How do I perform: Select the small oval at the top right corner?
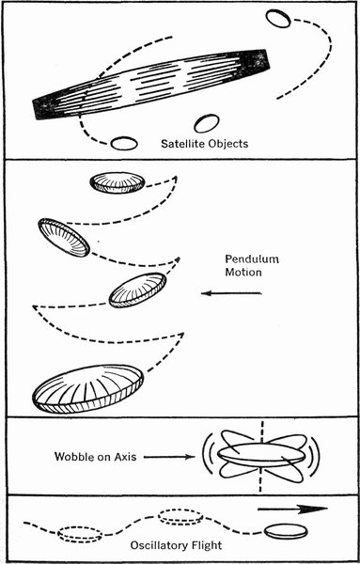pos(278,19)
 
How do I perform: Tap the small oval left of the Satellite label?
pos(124,143)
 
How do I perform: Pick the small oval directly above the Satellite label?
pos(207,123)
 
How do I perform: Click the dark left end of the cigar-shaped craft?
pos(45,107)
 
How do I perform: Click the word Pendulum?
pos(252,259)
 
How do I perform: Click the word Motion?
pos(243,273)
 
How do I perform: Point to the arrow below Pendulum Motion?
pos(231,293)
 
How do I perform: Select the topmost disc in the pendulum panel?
pos(117,182)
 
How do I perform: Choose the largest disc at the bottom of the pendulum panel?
pos(87,389)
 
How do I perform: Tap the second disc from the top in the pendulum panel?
pos(64,238)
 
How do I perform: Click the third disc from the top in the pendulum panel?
pos(137,290)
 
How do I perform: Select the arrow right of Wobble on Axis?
pos(169,457)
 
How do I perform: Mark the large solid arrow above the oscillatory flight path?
pos(292,509)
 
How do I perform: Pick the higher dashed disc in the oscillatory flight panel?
pos(180,517)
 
